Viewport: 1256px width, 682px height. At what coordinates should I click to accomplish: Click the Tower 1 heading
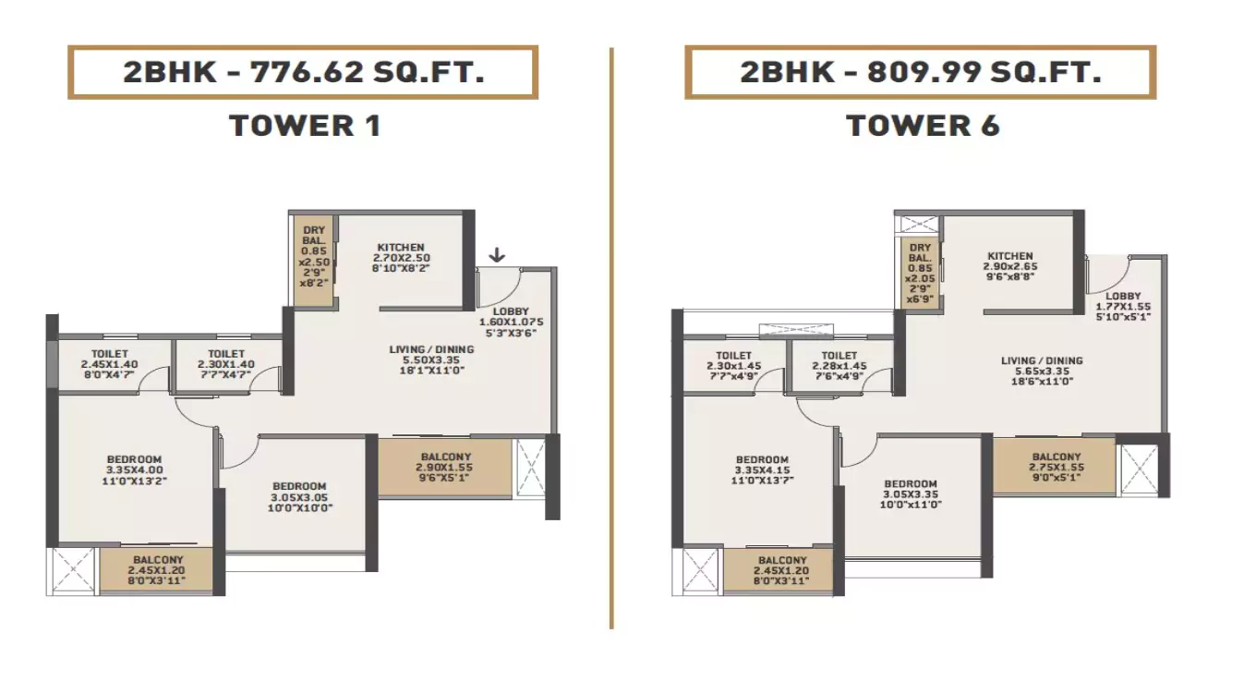pyautogui.click(x=304, y=126)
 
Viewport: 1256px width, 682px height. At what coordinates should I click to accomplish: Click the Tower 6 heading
pyautogui.click(x=922, y=126)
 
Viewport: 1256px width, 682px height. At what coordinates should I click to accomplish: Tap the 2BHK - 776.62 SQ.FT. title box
pyautogui.click(x=303, y=73)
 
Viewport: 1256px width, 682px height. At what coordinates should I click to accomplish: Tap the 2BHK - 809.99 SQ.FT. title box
pyautogui.click(x=920, y=73)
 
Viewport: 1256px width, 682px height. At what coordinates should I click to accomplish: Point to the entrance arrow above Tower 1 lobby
pyautogui.click(x=497, y=254)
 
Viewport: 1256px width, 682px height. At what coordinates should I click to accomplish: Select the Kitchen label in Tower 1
pyautogui.click(x=401, y=248)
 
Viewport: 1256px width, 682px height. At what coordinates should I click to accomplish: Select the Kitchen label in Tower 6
pyautogui.click(x=1010, y=256)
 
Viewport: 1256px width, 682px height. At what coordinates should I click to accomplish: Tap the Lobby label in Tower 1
pyautogui.click(x=511, y=311)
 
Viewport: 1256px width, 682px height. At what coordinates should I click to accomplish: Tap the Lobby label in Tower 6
pyautogui.click(x=1123, y=297)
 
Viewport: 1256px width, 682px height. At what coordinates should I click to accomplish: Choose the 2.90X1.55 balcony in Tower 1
pyautogui.click(x=445, y=468)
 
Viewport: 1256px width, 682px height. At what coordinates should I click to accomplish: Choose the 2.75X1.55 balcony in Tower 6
pyautogui.click(x=1057, y=468)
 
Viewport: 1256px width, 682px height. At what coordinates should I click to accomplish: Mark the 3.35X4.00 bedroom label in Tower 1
pyautogui.click(x=134, y=469)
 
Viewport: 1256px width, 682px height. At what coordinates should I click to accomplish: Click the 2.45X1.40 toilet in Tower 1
pyautogui.click(x=110, y=364)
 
